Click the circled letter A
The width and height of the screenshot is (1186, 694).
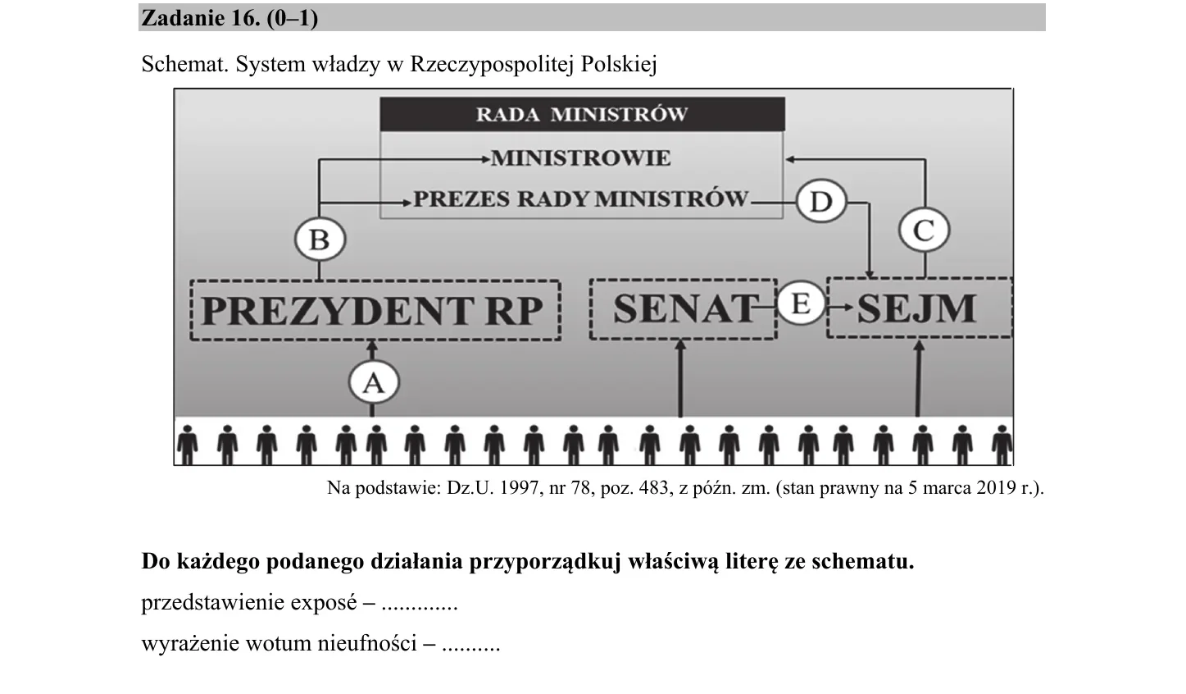tap(374, 382)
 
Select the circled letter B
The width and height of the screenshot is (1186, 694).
tap(320, 239)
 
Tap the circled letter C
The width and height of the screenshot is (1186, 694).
tap(925, 231)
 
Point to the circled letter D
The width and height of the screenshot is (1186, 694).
tap(821, 201)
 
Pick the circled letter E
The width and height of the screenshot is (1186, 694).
tap(801, 304)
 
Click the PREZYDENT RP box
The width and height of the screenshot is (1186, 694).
tap(375, 310)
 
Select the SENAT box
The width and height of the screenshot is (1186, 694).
tap(683, 309)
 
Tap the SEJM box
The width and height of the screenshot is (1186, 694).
tap(920, 308)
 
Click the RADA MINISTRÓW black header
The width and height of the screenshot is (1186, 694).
tap(583, 114)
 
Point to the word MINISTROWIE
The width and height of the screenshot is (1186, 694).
tap(581, 158)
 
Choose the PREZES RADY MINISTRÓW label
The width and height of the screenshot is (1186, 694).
tap(581, 199)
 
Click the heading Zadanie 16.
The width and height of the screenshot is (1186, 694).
tap(201, 19)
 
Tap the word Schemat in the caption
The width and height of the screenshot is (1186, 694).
tap(184, 64)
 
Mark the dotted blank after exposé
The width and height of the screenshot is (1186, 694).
tap(420, 608)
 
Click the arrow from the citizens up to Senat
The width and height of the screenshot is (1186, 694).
tap(681, 378)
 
